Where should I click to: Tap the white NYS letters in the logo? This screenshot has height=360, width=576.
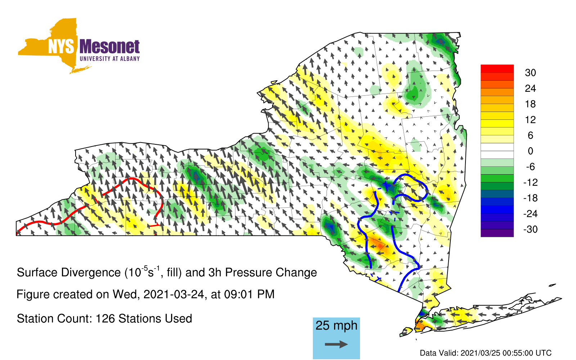[x=61, y=46]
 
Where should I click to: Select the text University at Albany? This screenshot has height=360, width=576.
[x=110, y=59]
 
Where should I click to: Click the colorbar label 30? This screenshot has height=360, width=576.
[x=530, y=73]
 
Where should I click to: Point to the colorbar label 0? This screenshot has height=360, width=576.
[x=530, y=151]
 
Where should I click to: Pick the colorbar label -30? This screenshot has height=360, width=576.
[x=530, y=229]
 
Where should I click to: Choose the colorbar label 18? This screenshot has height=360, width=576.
[x=530, y=104]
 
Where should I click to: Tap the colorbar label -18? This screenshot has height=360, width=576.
[x=530, y=198]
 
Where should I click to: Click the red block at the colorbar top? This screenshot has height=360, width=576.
[x=497, y=69]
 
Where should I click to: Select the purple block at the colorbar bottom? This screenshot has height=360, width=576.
[x=497, y=233]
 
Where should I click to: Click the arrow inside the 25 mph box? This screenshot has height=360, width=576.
[x=336, y=344]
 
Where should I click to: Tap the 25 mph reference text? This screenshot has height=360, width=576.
[x=336, y=325]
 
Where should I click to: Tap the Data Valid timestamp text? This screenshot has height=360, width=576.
[x=486, y=353]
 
